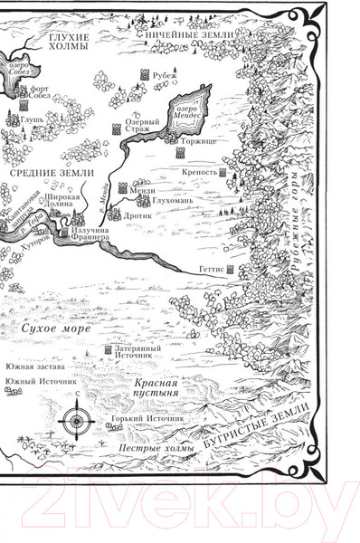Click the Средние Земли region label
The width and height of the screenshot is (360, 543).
[x=43, y=170]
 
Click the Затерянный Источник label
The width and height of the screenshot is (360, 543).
[x=137, y=352]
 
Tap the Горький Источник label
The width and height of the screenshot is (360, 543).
[x=146, y=421]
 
